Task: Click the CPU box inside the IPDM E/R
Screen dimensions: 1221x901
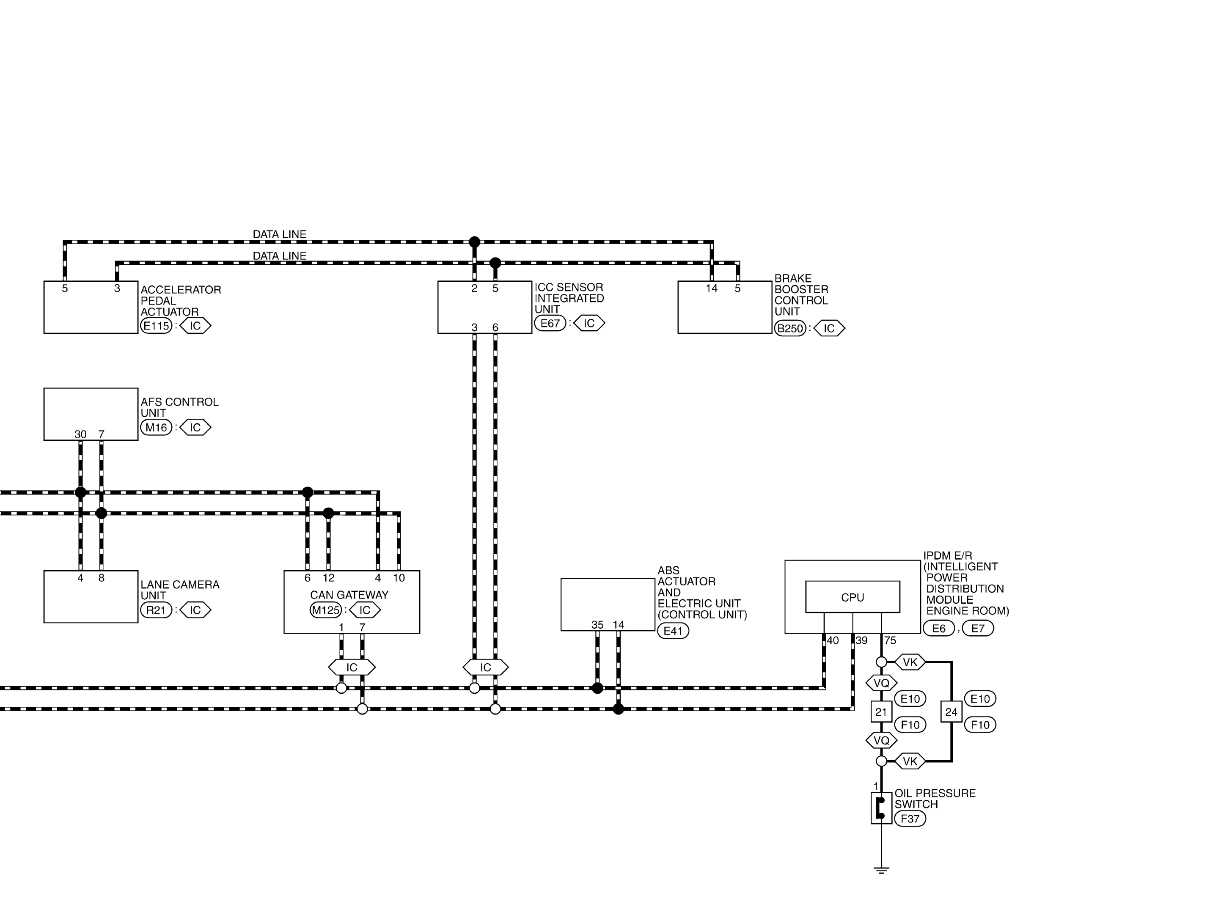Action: tap(852, 597)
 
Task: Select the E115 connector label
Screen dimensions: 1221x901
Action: tap(157, 326)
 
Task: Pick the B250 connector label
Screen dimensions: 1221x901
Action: tap(790, 328)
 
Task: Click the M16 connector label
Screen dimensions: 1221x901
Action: tap(157, 427)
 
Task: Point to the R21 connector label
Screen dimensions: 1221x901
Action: tap(157, 610)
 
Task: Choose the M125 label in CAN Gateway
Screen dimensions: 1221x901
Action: tap(326, 610)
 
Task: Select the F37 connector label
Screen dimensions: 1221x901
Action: tap(910, 819)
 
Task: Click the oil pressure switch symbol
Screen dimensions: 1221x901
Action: tap(881, 808)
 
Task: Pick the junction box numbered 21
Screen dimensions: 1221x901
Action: tap(881, 712)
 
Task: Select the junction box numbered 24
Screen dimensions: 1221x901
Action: tap(951, 712)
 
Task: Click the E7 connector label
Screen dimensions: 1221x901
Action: tap(978, 628)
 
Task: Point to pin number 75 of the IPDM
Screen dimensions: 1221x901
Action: tap(890, 640)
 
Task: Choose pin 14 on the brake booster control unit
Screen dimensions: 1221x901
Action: tap(712, 288)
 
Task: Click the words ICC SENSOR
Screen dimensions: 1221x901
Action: tap(569, 287)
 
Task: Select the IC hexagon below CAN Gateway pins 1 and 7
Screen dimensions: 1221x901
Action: tap(352, 667)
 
